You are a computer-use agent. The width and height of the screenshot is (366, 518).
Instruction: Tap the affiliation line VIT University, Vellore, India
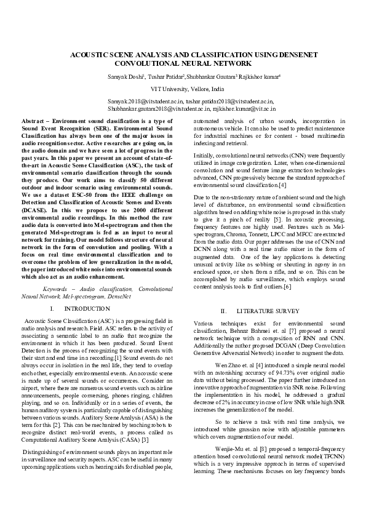[x=183, y=89]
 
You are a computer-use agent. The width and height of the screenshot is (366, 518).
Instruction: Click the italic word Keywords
[x=58, y=288]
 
